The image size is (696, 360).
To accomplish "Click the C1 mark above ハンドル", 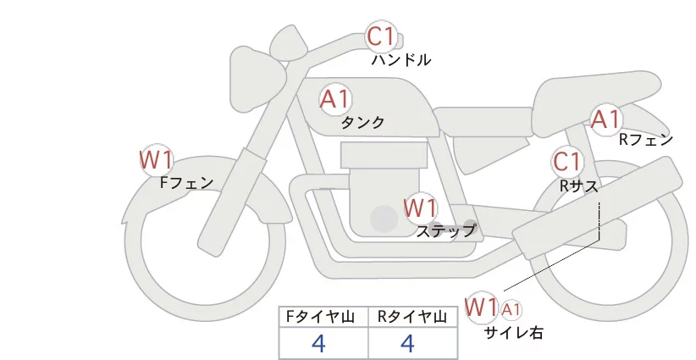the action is coord(381,36).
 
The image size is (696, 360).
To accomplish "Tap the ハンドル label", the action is coord(401,60).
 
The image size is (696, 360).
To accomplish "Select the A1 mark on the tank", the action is coord(335,98).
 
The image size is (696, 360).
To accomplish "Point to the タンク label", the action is coord(362,123).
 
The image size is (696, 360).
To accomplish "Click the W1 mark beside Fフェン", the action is coord(156,158).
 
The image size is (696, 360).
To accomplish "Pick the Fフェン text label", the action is coord(186,182).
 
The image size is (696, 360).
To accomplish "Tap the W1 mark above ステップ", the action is coord(420,207).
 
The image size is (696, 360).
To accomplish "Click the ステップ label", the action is coord(445,230).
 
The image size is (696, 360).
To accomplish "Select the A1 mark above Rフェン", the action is coord(606,119).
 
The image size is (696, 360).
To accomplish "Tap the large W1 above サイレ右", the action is coord(482,306).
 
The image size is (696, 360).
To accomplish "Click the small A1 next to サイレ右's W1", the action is coord(511,309).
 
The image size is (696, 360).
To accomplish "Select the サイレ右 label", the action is coord(513,333).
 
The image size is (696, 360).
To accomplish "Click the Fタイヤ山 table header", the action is coord(323,317).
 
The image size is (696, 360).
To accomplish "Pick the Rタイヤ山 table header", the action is coord(412,317).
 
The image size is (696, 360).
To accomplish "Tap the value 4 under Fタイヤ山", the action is coord(318,343).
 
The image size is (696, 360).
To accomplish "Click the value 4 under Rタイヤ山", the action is coord(407,343).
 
